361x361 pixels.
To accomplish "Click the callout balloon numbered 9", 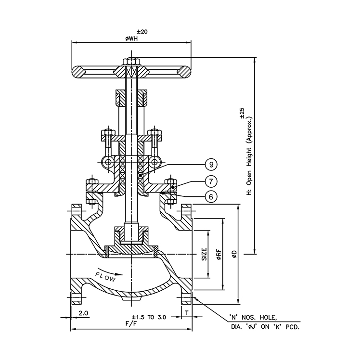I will tap(210, 165).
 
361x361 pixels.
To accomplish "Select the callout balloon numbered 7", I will tap(210, 181).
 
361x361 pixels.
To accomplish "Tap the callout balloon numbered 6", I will tap(210, 196).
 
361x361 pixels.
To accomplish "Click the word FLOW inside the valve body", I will tap(105, 277).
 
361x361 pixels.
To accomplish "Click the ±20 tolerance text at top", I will tap(131, 31).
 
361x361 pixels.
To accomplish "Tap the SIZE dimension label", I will tap(204, 254).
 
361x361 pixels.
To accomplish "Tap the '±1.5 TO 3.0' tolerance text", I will tap(149, 317).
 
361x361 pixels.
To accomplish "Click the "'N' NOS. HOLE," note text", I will tap(254, 318).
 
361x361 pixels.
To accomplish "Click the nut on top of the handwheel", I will tap(131, 61).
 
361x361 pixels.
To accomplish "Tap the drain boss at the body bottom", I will tap(131, 299).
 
